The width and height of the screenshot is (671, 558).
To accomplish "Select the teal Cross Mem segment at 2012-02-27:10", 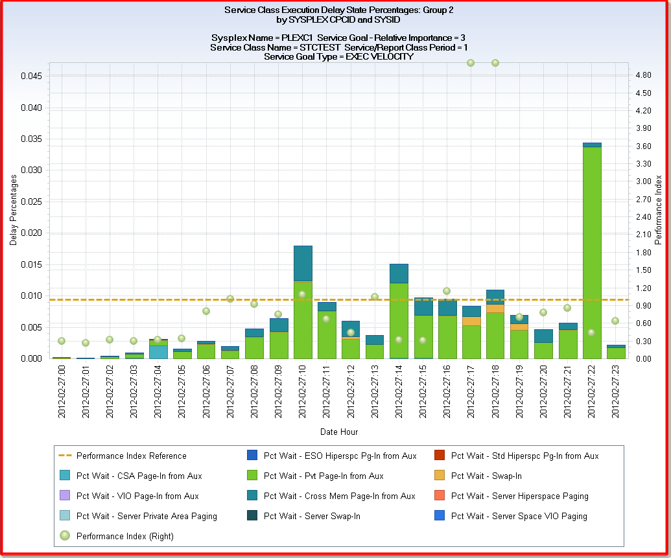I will click(303, 263).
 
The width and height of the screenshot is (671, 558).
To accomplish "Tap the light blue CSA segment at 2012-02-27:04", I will click(158, 351).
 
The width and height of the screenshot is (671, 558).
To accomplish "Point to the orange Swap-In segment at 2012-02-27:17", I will click(471, 321).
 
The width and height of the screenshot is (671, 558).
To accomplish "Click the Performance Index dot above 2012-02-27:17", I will click(471, 63).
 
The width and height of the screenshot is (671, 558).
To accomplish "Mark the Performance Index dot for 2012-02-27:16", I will click(447, 291).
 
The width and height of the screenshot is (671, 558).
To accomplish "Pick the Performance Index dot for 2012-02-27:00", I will click(62, 341).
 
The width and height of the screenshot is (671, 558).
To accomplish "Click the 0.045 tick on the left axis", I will click(32, 76).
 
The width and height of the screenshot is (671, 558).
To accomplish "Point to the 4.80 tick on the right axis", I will click(644, 75).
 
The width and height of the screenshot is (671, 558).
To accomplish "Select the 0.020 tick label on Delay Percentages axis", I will click(32, 233).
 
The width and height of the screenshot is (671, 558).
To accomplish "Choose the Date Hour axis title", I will click(338, 432).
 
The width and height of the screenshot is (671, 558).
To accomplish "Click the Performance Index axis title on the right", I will click(659, 209).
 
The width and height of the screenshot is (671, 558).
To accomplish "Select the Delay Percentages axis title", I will click(13, 209).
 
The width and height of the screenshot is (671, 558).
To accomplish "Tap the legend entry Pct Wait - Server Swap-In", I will click(312, 516).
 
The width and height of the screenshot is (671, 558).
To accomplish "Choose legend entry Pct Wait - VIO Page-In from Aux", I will click(137, 496).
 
